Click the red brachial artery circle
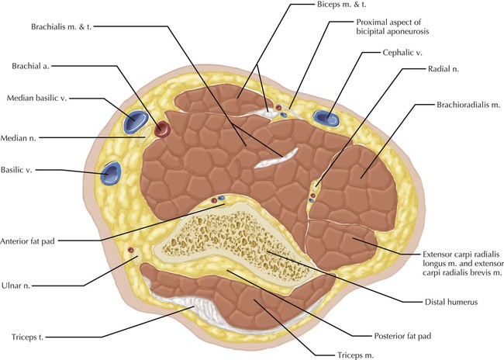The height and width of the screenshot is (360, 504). [x=161, y=128]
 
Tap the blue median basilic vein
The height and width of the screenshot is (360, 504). [x=137, y=122]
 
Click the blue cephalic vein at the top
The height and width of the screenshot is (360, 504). [x=326, y=119]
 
